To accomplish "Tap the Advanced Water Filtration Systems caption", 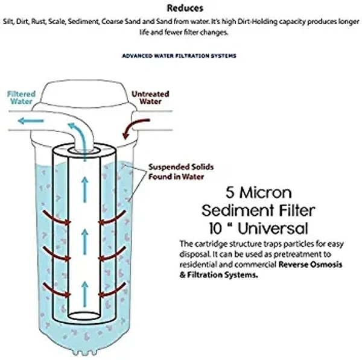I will [179, 55].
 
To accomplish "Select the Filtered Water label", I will [21, 98].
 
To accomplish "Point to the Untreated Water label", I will [150, 98].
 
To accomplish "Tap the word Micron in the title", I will [270, 194].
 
